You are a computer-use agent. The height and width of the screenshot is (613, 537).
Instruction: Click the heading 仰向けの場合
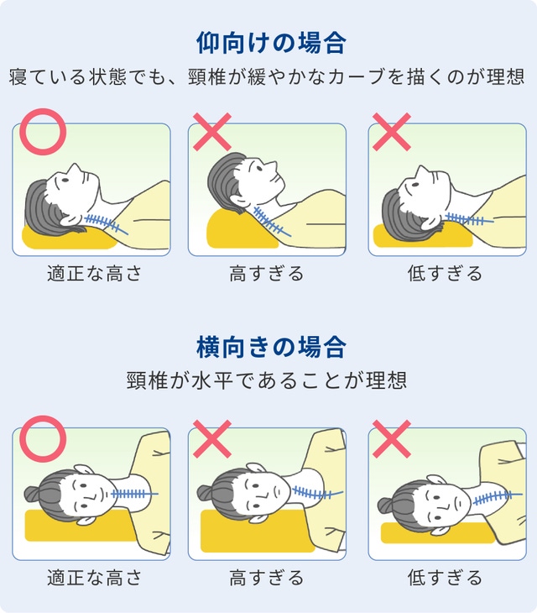271,43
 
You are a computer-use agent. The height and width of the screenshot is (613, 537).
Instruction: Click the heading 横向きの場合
271,347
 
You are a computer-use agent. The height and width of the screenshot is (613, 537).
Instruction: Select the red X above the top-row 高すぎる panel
212,132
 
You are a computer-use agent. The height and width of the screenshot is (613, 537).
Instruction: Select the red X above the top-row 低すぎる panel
391,132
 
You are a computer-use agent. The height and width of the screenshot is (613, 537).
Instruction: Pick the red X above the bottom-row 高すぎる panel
212,439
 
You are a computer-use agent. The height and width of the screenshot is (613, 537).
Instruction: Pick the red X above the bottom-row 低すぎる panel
391,439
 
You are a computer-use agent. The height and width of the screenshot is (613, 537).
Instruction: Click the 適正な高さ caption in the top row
94,273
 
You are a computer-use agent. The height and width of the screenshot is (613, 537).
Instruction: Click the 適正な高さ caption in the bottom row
94,578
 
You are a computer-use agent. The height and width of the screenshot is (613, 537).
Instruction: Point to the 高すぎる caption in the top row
266,273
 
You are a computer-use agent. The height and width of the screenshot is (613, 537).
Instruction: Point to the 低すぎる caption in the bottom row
446,578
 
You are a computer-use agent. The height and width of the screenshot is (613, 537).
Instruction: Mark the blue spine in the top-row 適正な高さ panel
106,224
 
